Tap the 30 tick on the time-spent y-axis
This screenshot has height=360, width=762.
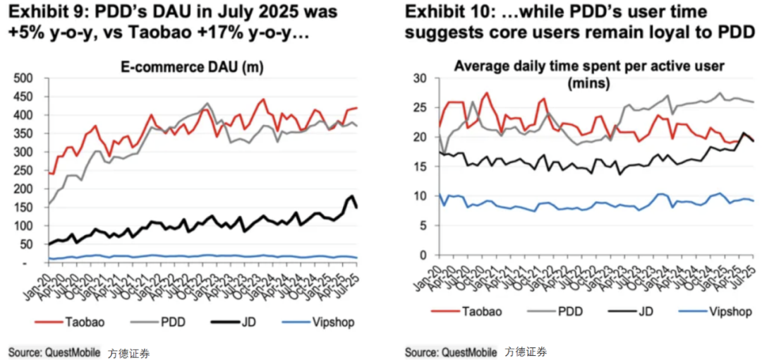(x=421, y=78)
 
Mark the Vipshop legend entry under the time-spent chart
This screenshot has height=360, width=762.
(x=727, y=311)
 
